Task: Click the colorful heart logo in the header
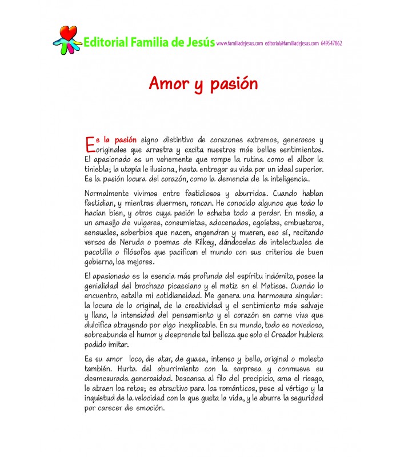[66, 40]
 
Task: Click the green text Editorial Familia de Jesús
[149, 42]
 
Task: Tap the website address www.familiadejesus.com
[240, 43]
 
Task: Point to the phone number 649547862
[333, 43]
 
